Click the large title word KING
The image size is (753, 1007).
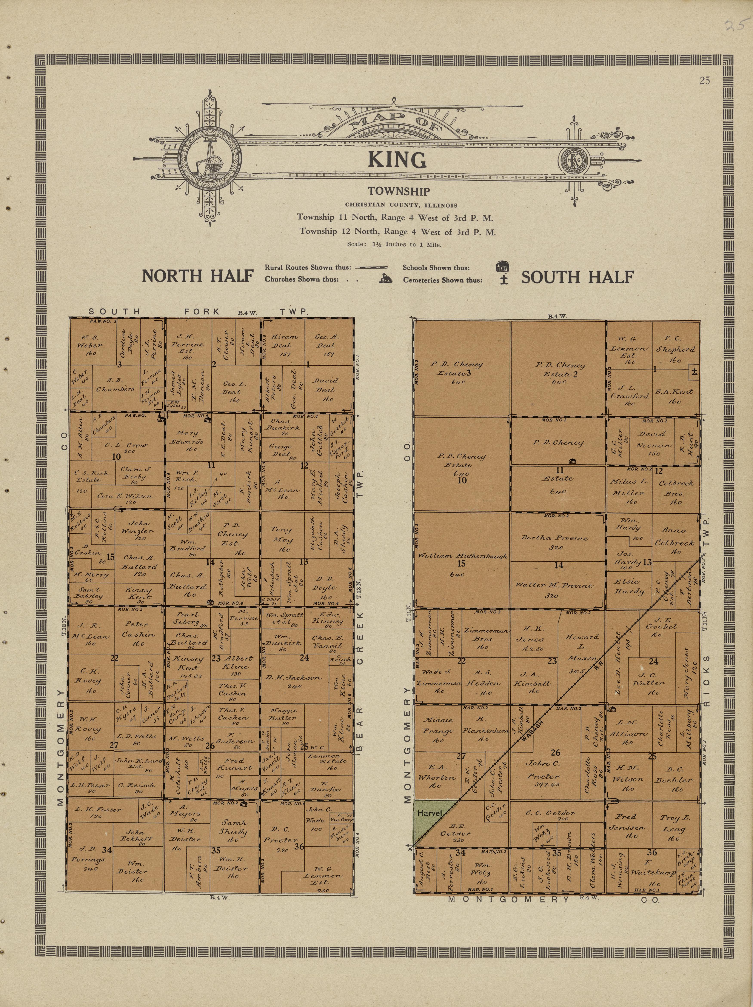click(x=397, y=160)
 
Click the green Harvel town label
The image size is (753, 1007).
click(x=429, y=813)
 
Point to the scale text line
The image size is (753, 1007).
click(x=394, y=245)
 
